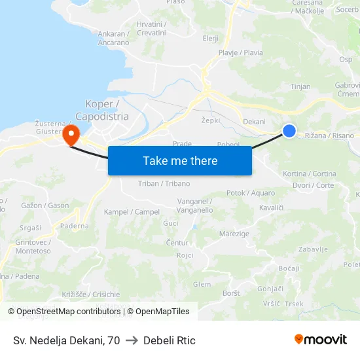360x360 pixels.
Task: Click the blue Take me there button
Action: (180, 161)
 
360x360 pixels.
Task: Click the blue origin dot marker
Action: (289, 132)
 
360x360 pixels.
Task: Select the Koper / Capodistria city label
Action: (102, 110)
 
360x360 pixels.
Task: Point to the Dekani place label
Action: (254, 121)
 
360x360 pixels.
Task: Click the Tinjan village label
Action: (300, 86)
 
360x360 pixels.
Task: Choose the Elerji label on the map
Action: (211, 38)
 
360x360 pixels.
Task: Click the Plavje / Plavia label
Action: (241, 52)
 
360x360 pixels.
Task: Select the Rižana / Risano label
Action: (329, 135)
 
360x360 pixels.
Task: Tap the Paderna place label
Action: (75, 226)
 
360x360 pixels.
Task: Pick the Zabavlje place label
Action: (313, 249)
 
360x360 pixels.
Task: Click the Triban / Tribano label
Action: (164, 183)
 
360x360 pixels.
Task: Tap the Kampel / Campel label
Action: (132, 212)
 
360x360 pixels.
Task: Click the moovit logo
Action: (320, 339)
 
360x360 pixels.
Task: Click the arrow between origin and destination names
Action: (132, 340)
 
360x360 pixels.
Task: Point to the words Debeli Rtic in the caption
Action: (169, 340)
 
